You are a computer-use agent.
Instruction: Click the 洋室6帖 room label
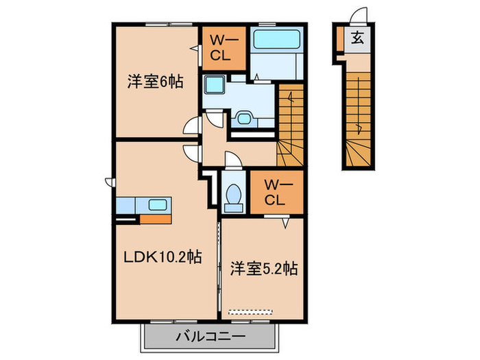pyautogui.click(x=154, y=82)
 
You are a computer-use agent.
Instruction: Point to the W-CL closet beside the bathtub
pyautogui.click(x=221, y=47)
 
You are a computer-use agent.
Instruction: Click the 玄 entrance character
pyautogui.click(x=358, y=38)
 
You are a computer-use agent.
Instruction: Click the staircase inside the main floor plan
pyautogui.click(x=290, y=123)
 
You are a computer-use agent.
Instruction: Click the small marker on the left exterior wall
pyautogui.click(x=109, y=181)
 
